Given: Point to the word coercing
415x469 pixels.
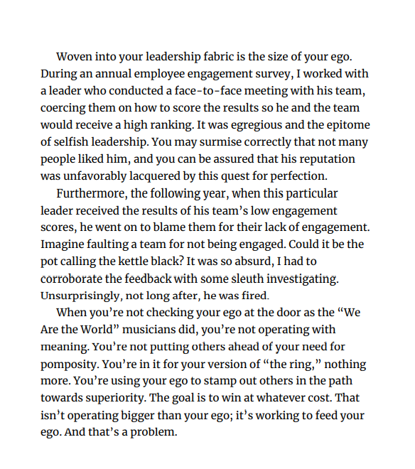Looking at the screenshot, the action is click(65, 108).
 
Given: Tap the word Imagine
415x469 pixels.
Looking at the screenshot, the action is click(63, 244).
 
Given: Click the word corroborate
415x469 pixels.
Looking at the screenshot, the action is click(75, 279).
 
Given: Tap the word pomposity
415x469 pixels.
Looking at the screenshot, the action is click(72, 364).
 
